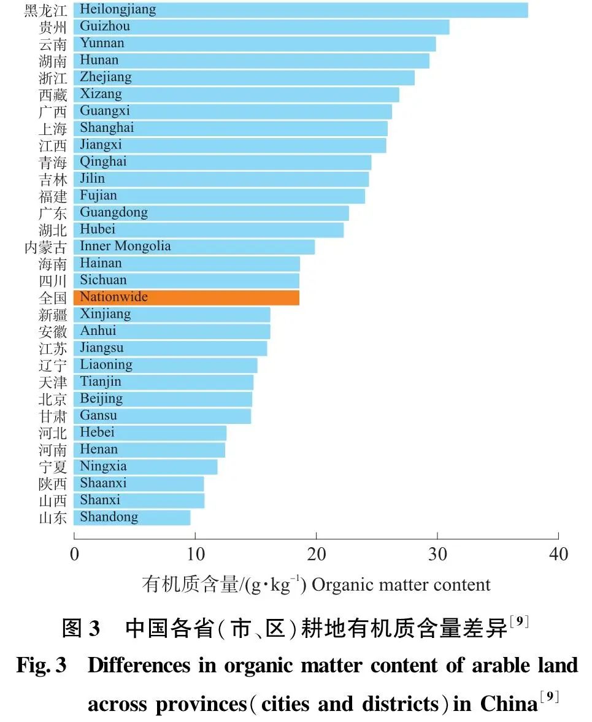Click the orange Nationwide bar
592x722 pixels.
tap(186, 298)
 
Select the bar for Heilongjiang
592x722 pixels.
tap(300, 10)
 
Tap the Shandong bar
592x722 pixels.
tap(131, 517)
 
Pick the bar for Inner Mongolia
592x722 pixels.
tap(194, 247)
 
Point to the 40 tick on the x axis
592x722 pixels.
tap(558, 555)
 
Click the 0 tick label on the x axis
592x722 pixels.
tap(74, 555)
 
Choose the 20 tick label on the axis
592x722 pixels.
tap(316, 555)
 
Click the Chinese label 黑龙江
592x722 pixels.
tap(45, 10)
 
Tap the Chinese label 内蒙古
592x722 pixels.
tap(45, 247)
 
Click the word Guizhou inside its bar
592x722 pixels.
tap(105, 26)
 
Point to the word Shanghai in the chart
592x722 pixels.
tap(107, 128)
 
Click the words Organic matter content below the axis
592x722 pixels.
tap(401, 585)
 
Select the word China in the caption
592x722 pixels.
tap(509, 704)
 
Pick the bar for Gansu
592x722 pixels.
tap(162, 416)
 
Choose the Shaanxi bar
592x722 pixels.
tap(138, 483)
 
